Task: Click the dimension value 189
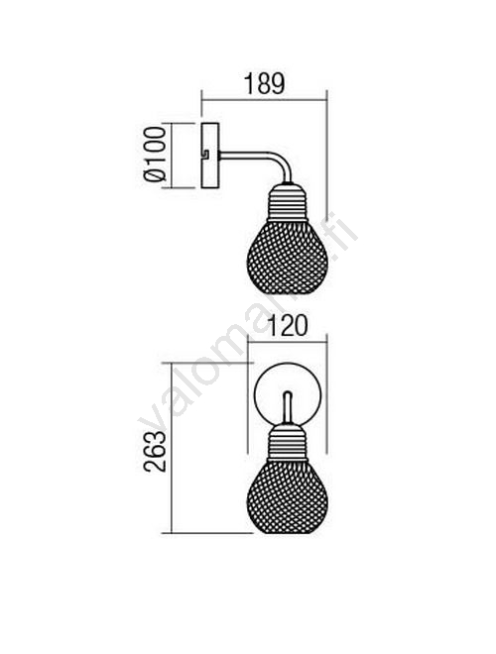click(264, 84)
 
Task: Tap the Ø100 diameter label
click(155, 155)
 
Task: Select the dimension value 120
click(287, 326)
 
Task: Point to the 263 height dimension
click(155, 451)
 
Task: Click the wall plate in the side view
click(210, 156)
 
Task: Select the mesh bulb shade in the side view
click(288, 257)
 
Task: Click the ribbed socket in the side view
click(288, 202)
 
